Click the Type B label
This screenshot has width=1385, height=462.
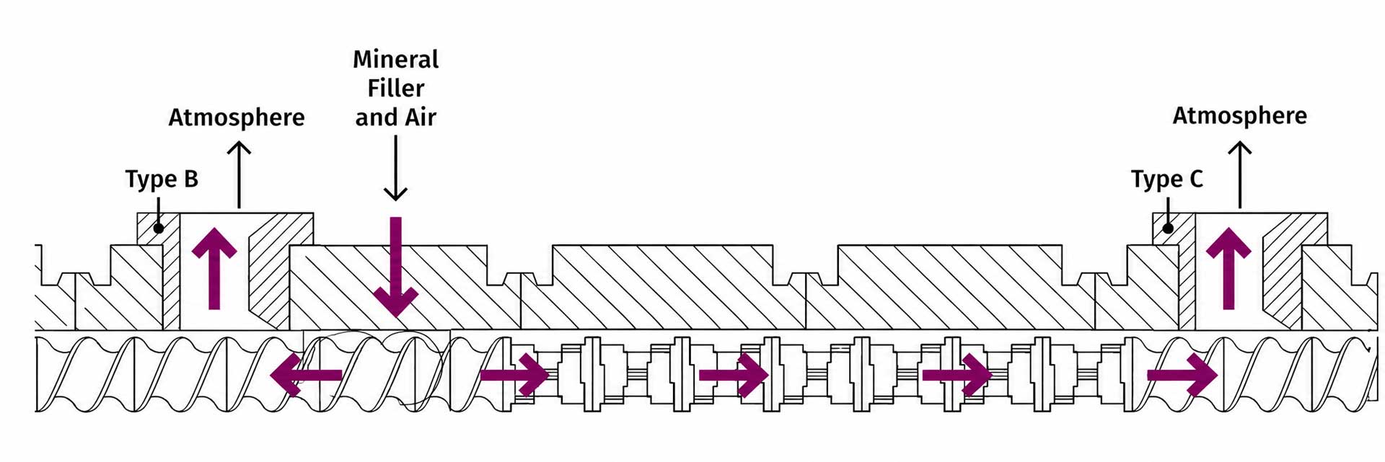point(162,179)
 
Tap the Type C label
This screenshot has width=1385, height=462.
point(1167,179)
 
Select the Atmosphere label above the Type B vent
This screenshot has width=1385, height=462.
point(237,117)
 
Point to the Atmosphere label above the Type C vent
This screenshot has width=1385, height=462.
point(1240,115)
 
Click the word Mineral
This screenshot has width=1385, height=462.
point(396,59)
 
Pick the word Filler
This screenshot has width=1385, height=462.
point(396,88)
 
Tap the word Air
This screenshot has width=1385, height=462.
point(421,117)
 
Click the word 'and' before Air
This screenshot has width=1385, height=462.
point(377,117)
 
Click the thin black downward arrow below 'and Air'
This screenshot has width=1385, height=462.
point(395,168)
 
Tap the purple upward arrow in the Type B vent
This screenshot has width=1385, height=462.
point(214,269)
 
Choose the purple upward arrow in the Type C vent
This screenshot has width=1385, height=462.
point(1228,269)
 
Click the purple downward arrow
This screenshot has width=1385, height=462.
point(396,267)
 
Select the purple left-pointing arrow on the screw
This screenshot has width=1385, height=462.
point(306,375)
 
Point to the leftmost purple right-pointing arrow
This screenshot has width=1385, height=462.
point(515,375)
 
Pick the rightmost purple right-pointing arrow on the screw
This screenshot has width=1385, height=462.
point(1182,375)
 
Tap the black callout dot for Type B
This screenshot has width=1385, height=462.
point(159,228)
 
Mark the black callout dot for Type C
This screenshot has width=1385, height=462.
point(1168,228)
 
